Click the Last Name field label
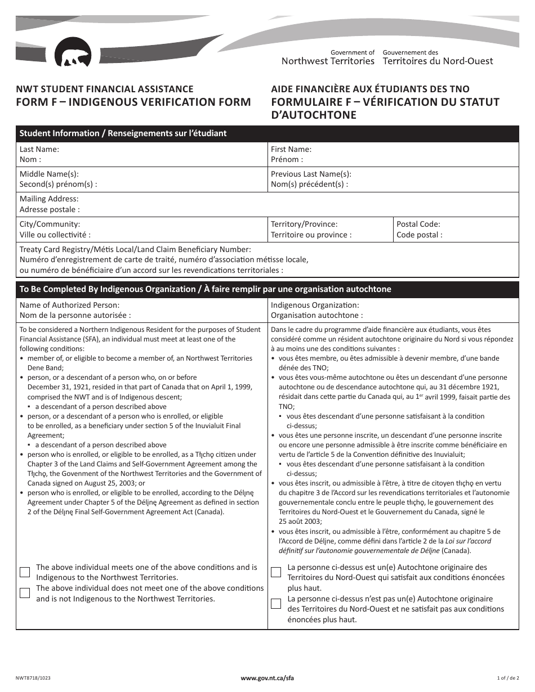pyautogui.click(x=39, y=150)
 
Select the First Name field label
pyautogui.click(x=291, y=150)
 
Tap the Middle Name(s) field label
pyautogui.click(x=49, y=174)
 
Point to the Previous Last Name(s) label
pyautogui.click(x=311, y=174)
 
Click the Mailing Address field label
pyautogui.click(x=49, y=199)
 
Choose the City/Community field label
pyautogui.click(x=50, y=224)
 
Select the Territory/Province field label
pyautogui.click(x=304, y=224)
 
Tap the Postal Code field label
pyautogui.click(x=418, y=224)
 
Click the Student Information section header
pyautogui.click(x=123, y=133)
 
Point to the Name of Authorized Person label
pyautogui.click(x=69, y=305)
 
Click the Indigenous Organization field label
pyautogui.click(x=315, y=305)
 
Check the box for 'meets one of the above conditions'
pyautogui.click(x=25, y=572)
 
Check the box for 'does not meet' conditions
pyautogui.click(x=25, y=593)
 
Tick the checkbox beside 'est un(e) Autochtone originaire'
pyautogui.click(x=276, y=572)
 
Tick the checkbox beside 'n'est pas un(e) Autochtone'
pyautogui.click(x=276, y=604)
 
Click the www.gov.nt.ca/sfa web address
pyautogui.click(x=267, y=678)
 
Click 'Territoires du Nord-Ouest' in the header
pyautogui.click(x=438, y=61)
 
